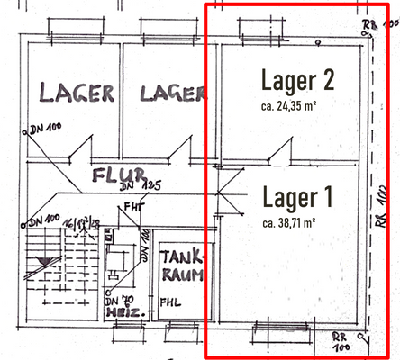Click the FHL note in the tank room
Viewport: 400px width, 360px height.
tap(168, 301)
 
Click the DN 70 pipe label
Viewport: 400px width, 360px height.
tap(118, 300)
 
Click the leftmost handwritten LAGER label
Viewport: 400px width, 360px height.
tap(76, 92)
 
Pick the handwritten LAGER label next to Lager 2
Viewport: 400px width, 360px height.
tap(171, 92)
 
